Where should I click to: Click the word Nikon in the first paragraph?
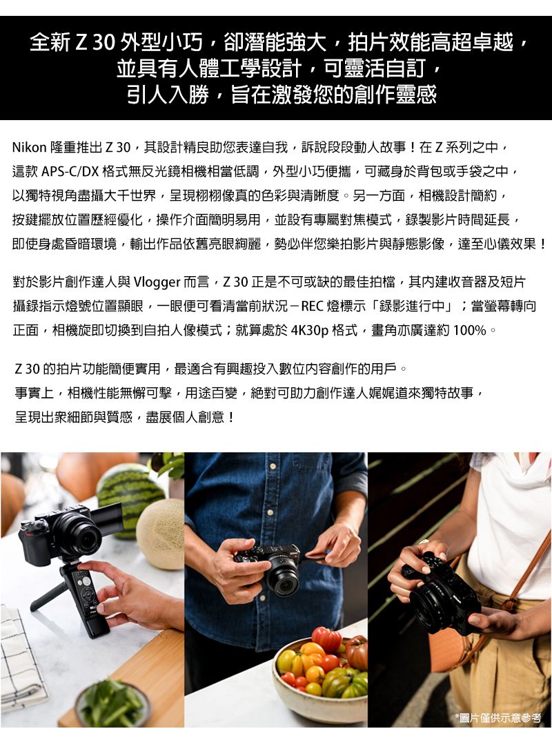[29, 147]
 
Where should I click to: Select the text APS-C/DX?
[70, 171]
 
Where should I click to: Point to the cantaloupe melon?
[161, 532]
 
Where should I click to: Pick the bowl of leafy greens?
[110, 704]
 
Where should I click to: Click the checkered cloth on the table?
[21, 656]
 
